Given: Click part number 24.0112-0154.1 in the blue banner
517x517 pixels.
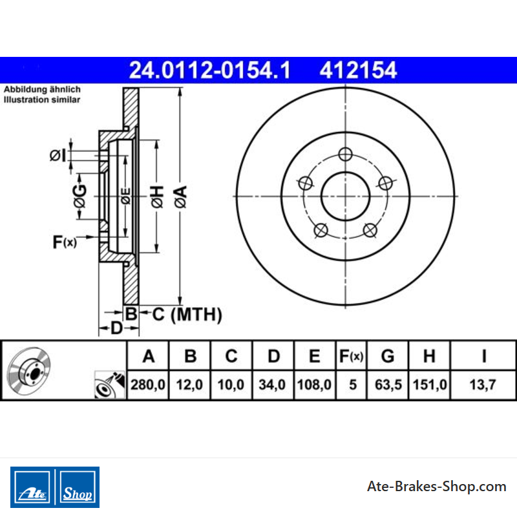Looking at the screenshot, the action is (209, 70).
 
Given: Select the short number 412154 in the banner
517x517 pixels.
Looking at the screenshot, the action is (358, 70).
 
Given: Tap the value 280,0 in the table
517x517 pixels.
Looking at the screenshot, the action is (148, 385).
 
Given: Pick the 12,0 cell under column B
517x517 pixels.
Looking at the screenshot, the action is (189, 385).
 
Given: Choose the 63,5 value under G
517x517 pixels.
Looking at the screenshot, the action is (388, 385).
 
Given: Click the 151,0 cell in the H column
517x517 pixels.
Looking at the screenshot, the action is (430, 385).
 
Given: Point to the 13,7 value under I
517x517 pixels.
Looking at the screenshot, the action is (483, 385).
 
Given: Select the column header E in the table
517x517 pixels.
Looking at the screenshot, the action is (314, 356).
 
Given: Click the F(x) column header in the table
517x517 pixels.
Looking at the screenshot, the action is (351, 356).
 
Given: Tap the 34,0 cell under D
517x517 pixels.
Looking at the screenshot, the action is (272, 385).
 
